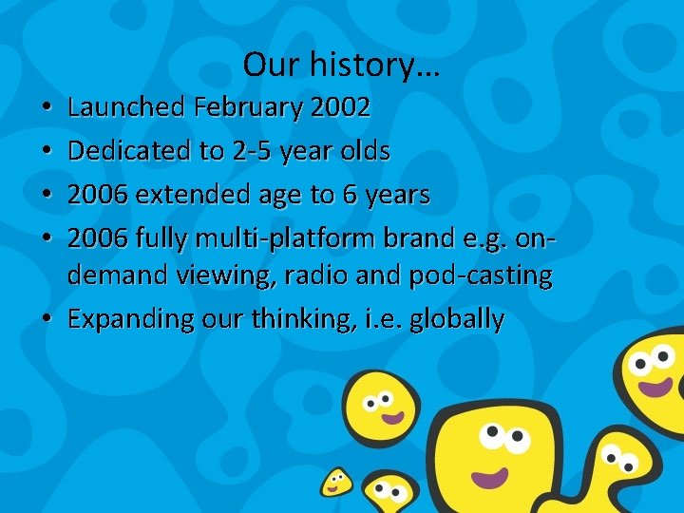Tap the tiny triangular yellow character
point(335,481)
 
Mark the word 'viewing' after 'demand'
point(225,276)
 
